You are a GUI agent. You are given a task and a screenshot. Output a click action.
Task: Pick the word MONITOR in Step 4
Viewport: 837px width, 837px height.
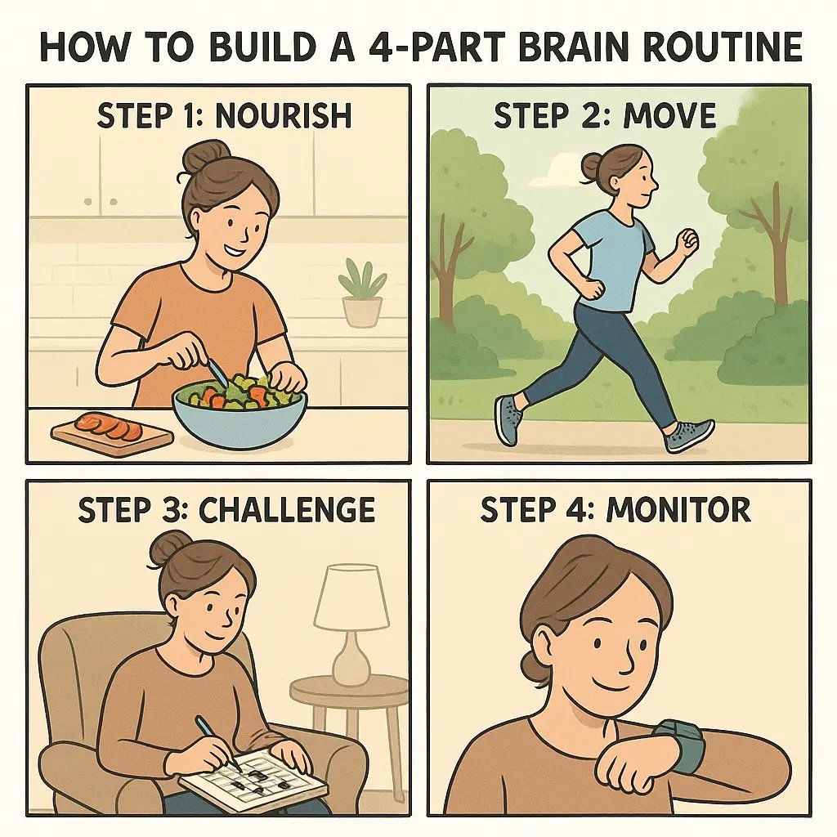pyautogui.click(x=678, y=510)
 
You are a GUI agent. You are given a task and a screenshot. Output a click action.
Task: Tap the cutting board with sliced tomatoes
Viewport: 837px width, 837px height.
pyautogui.click(x=112, y=432)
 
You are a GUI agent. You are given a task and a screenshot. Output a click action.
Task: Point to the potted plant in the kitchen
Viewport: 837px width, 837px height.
pyautogui.click(x=362, y=294)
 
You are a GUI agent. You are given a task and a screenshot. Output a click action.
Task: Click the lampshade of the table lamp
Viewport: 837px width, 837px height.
pyautogui.click(x=351, y=598)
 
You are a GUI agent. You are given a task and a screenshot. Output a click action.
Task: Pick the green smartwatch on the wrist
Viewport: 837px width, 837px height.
pyautogui.click(x=683, y=744)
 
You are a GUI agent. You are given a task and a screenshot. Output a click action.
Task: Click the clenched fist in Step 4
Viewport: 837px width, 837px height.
pyautogui.click(x=625, y=764)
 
